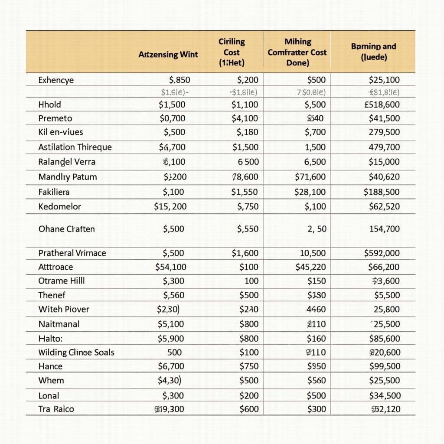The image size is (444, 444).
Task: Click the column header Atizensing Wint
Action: click(x=168, y=55)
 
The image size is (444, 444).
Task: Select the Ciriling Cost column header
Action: click(x=232, y=52)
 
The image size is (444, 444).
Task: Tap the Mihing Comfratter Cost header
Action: click(x=297, y=52)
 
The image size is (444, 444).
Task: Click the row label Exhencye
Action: click(x=56, y=80)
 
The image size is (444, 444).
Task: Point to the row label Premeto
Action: click(x=55, y=118)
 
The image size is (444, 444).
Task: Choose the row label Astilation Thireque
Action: click(x=75, y=147)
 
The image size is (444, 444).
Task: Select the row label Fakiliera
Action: click(x=54, y=192)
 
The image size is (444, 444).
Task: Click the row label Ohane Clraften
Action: click(x=66, y=229)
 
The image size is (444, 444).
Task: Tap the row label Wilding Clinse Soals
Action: click(x=76, y=352)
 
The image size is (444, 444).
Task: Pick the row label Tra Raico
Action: click(x=56, y=409)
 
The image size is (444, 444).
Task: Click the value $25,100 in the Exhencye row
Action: click(x=384, y=80)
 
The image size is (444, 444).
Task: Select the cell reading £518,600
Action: click(x=382, y=104)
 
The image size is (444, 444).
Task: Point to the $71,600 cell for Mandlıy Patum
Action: click(x=310, y=177)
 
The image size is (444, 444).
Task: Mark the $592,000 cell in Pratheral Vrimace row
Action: click(x=382, y=253)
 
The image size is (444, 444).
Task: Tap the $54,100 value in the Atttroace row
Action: click(x=171, y=267)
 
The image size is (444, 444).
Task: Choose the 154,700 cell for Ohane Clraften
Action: click(x=384, y=229)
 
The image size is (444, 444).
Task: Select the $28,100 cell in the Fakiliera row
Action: click(x=310, y=192)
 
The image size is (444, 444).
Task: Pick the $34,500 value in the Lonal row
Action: click(x=385, y=395)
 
